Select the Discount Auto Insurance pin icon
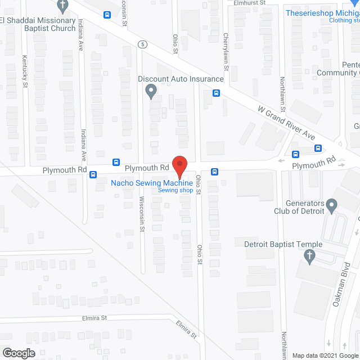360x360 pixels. click(x=151, y=90)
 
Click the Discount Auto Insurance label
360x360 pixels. click(x=181, y=79)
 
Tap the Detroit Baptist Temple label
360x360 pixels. click(x=283, y=244)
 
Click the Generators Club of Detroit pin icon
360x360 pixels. click(x=332, y=206)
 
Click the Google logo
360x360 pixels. click(x=18, y=353)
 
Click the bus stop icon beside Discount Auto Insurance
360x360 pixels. click(x=216, y=93)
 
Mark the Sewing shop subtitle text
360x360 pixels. click(x=175, y=191)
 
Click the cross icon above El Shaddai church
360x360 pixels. click(x=63, y=7)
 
